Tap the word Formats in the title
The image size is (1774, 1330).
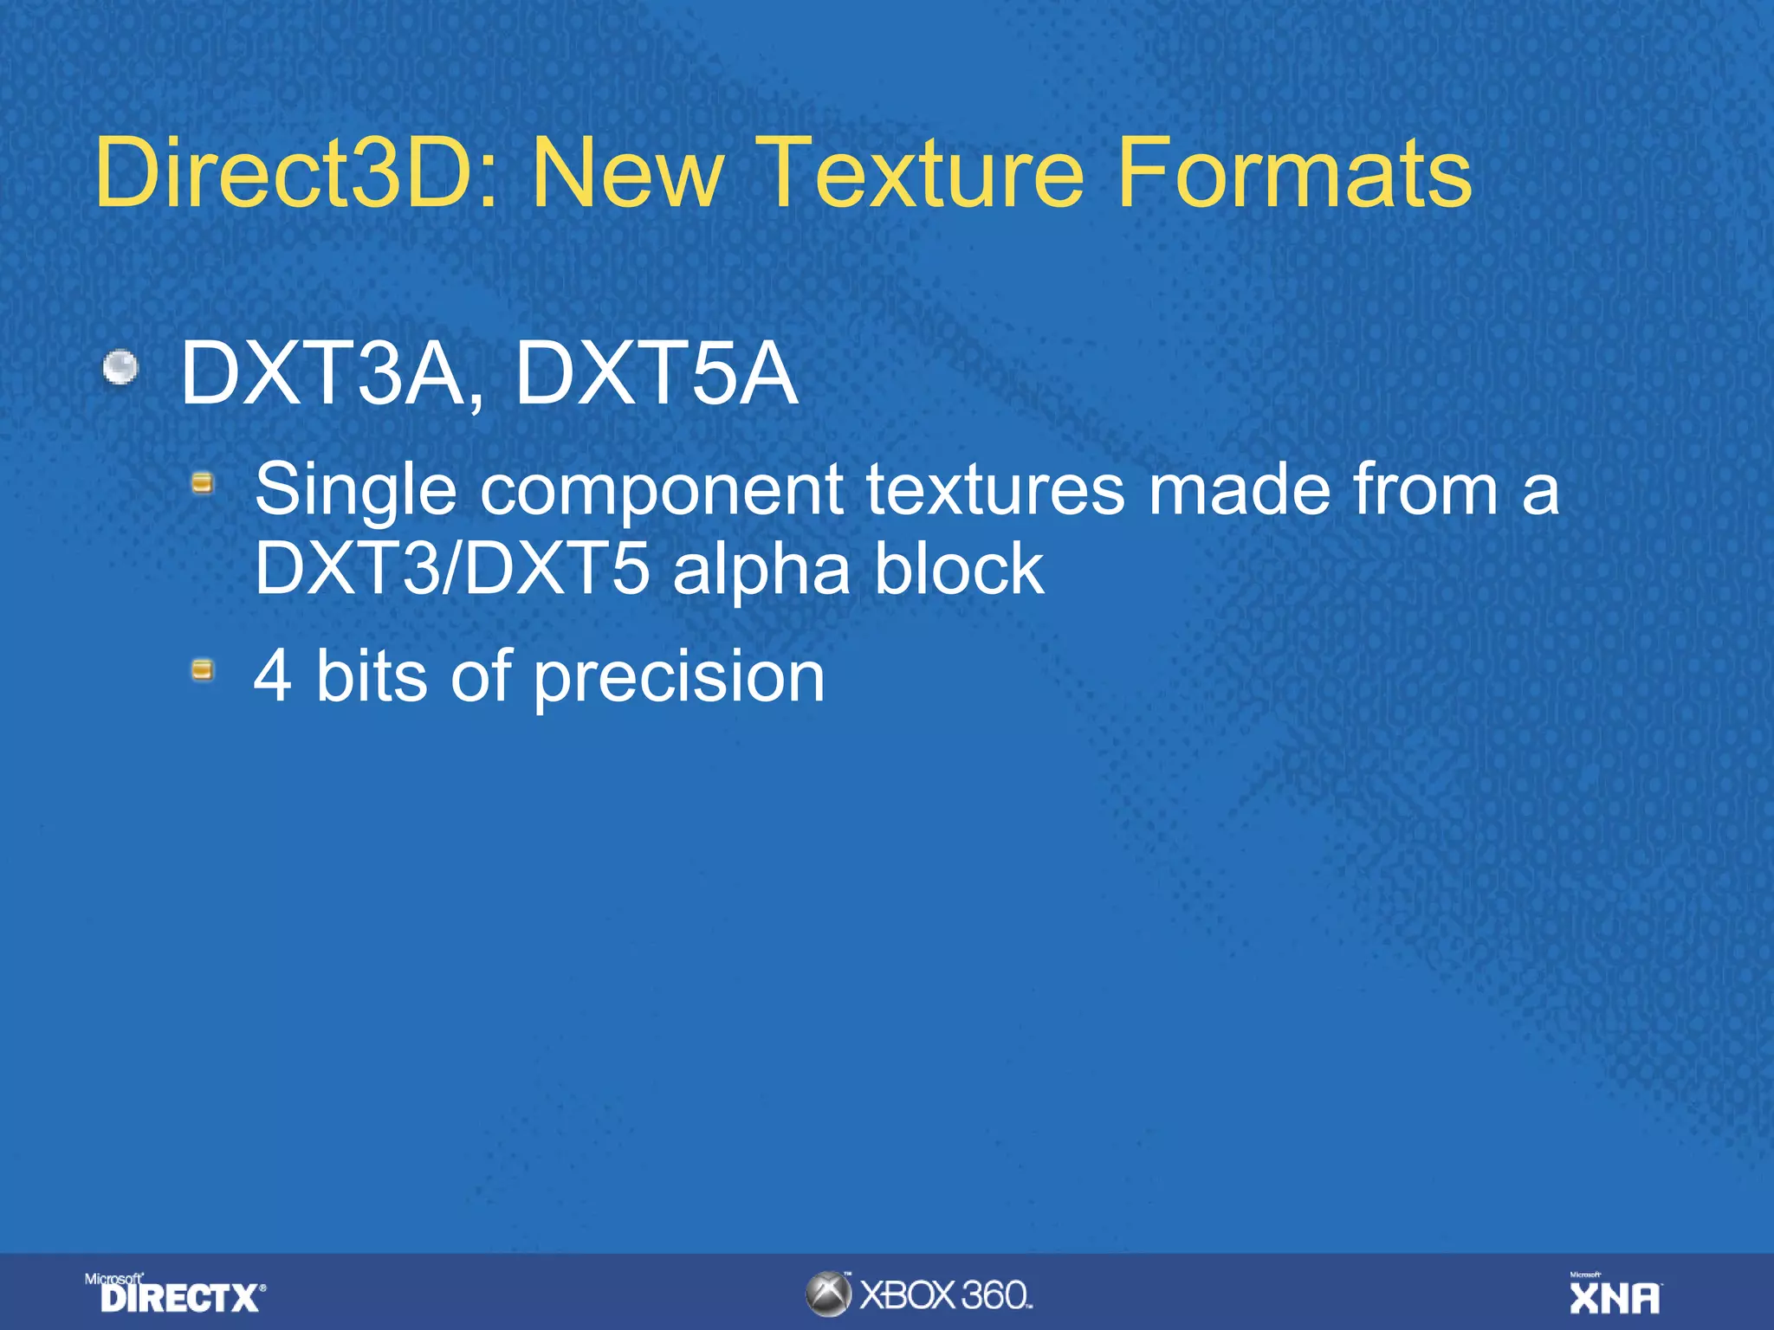(x=1294, y=173)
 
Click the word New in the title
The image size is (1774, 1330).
(x=626, y=173)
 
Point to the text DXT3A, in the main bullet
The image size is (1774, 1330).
(x=332, y=375)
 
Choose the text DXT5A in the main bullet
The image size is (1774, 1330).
(x=656, y=375)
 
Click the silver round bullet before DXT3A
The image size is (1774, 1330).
(x=120, y=367)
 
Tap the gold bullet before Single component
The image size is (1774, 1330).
(x=203, y=482)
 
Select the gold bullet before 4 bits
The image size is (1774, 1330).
(x=203, y=669)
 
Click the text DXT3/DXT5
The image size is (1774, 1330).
(x=451, y=569)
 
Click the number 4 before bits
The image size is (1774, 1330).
(x=272, y=676)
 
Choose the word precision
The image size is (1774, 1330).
(x=678, y=676)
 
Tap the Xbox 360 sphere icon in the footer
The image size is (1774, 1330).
(x=829, y=1294)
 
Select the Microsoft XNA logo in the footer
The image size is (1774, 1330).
(x=1615, y=1294)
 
